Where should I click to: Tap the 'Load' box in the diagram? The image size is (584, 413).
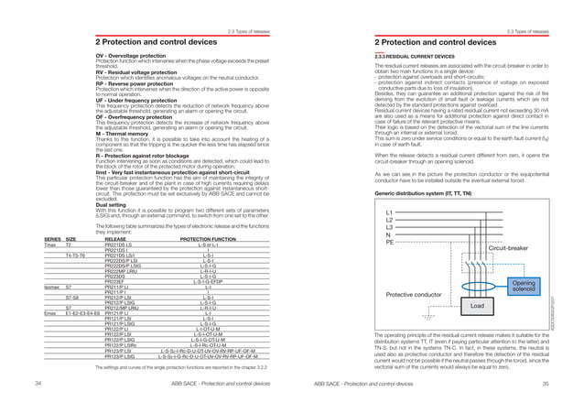click(x=475, y=278)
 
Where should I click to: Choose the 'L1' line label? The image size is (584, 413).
click(x=389, y=187)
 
